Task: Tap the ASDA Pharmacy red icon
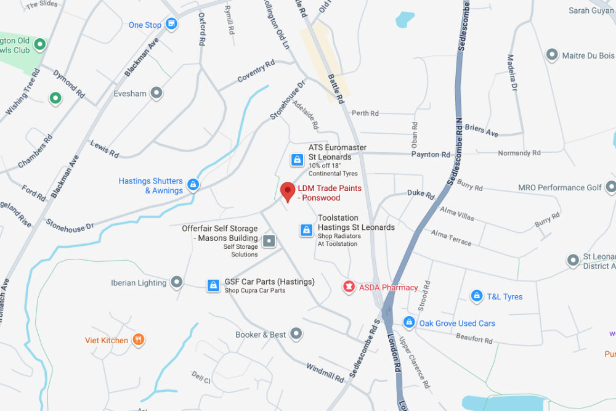pyautogui.click(x=349, y=287)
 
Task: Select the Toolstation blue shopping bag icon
pyautogui.click(x=306, y=230)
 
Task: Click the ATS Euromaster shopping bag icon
pyautogui.click(x=297, y=160)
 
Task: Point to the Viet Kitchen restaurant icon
pyautogui.click(x=139, y=340)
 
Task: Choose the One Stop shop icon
pyautogui.click(x=172, y=25)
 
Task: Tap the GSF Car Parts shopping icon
pyautogui.click(x=213, y=285)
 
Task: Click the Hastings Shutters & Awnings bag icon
pyautogui.click(x=193, y=184)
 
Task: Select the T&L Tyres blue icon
pyautogui.click(x=476, y=296)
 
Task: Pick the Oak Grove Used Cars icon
pyautogui.click(x=408, y=322)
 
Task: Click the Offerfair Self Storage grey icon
pyautogui.click(x=269, y=240)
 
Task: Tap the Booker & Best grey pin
pyautogui.click(x=296, y=334)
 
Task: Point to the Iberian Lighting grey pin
pyautogui.click(x=177, y=282)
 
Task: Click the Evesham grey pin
pyautogui.click(x=157, y=93)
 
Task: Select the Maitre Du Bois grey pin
pyautogui.click(x=552, y=55)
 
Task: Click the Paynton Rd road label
pyautogui.click(x=431, y=155)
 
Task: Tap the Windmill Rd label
pyautogui.click(x=325, y=373)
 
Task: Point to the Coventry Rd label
pyautogui.click(x=256, y=71)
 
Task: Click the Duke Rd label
pyautogui.click(x=421, y=194)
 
